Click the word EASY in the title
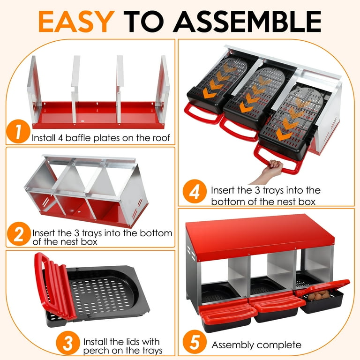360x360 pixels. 76,21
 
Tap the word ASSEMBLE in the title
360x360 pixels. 247,22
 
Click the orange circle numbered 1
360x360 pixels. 18,131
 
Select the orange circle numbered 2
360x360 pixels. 19,234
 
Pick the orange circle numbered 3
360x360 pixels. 68,343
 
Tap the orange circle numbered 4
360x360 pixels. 195,191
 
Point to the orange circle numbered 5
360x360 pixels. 195,342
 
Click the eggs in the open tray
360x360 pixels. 318,295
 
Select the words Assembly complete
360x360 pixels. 256,345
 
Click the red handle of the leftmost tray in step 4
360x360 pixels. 202,114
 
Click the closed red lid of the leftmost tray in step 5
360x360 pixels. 227,312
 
